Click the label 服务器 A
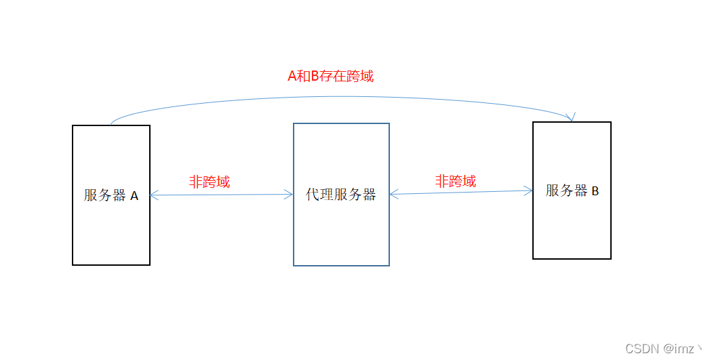point(111,196)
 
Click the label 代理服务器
point(340,195)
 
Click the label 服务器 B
point(572,191)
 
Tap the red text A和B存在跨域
point(330,76)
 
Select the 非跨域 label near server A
point(209,182)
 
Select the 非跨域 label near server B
point(455,181)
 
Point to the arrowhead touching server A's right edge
point(153,196)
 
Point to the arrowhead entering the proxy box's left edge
point(290,195)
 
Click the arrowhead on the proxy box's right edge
point(393,195)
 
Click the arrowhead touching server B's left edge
point(530,191)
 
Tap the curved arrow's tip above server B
point(573,119)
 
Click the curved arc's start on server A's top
point(111,125)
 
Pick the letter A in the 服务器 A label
point(134,196)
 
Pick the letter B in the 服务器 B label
point(595,191)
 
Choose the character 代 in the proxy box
point(312,195)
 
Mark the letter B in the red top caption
point(315,76)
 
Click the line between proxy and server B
point(461,193)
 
